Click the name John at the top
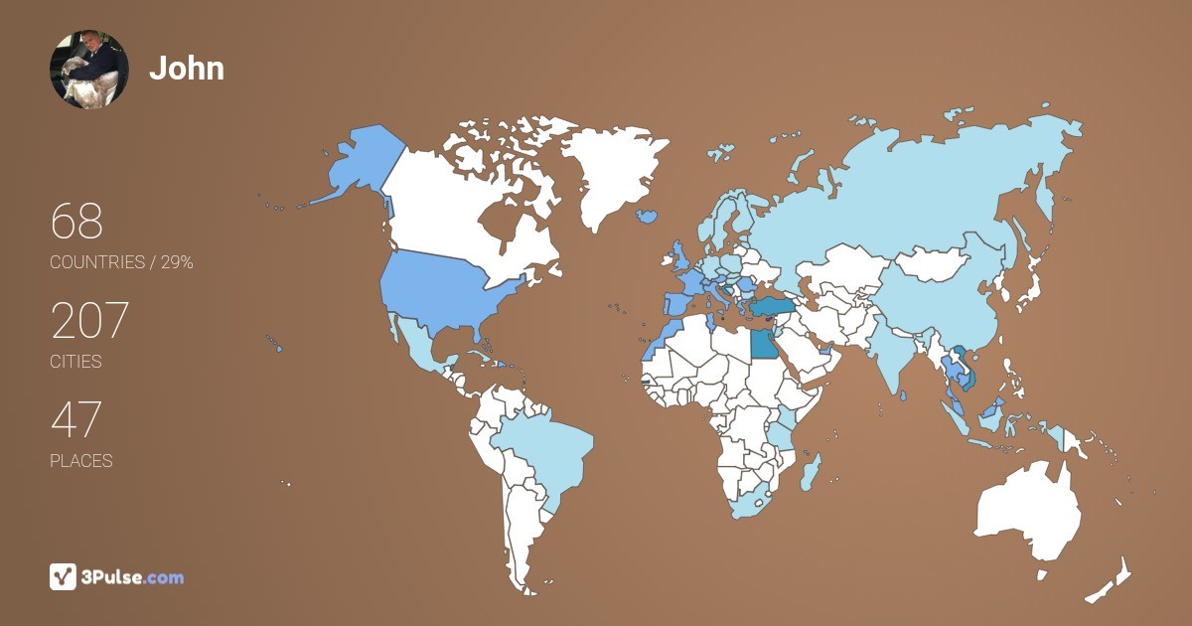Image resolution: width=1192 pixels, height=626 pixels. (187, 69)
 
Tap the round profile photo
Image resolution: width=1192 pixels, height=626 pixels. (89, 70)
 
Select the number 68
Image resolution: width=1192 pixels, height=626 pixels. (76, 222)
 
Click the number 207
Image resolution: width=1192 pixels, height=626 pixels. (89, 321)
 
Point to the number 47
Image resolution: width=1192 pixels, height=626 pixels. (76, 420)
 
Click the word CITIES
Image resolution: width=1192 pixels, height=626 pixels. (76, 362)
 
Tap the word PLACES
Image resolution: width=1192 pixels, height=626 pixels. (81, 461)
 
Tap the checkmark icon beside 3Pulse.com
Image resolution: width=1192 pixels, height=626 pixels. (63, 576)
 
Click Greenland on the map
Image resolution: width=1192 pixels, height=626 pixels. (606, 174)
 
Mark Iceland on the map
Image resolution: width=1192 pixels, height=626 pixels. (647, 215)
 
